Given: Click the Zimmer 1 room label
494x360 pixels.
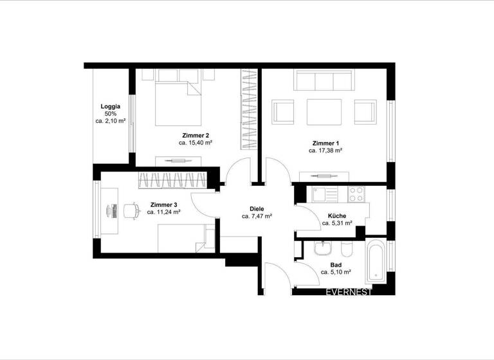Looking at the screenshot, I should pos(325,143).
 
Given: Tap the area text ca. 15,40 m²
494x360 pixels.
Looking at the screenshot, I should pos(196,143).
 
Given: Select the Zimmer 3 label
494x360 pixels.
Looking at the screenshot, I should pos(162,204).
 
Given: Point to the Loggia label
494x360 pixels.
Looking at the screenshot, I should pos(110,106).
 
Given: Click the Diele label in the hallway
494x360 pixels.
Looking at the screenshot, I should pos(257,209).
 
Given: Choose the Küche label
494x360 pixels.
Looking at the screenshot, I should pos(337,216).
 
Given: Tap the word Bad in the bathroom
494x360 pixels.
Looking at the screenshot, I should pos(336,264).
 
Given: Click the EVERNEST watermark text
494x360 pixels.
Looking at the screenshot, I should pos(349,292).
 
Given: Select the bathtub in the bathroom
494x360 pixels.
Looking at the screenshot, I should pos(375,262).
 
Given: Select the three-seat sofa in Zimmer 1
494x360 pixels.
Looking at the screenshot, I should pos(323,81).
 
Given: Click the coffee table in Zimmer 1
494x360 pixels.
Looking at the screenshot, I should pos(324,112).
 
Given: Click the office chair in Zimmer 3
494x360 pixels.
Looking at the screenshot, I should pos(131,210).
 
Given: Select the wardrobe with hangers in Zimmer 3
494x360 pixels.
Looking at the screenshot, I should pos(172,180).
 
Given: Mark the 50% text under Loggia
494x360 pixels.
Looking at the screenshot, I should pos(110,113).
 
